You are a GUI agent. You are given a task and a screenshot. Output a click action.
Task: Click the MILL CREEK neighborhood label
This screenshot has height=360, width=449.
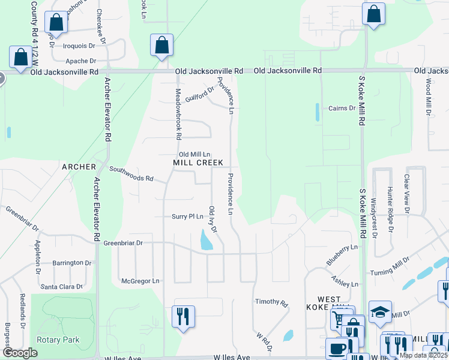tap(197, 163)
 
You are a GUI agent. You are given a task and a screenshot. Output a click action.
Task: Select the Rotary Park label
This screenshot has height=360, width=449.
tap(58, 340)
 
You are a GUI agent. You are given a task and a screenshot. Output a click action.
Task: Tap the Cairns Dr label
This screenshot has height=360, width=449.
tap(342, 109)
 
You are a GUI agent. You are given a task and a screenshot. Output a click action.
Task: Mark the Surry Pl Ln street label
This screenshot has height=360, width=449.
tap(188, 217)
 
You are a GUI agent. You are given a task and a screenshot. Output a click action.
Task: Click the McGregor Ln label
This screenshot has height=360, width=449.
tap(140, 280)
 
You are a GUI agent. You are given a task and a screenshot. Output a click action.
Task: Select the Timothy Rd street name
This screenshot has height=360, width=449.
tap(271, 302)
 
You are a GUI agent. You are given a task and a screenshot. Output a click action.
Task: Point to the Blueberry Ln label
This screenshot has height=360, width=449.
tap(342, 255)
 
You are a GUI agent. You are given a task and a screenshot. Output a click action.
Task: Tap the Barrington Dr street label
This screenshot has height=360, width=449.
tap(71, 263)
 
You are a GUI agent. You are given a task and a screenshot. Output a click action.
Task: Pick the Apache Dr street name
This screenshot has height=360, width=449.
tap(81, 61)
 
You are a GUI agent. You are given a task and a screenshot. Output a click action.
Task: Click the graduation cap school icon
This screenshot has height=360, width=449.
tap(380, 312)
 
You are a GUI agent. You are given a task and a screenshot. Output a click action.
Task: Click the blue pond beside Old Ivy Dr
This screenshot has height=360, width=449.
tap(205, 241)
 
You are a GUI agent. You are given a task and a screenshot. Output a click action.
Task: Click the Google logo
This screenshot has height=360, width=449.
tap(20, 353)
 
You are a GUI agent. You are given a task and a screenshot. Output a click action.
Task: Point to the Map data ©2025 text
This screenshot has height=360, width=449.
tap(424, 355)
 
